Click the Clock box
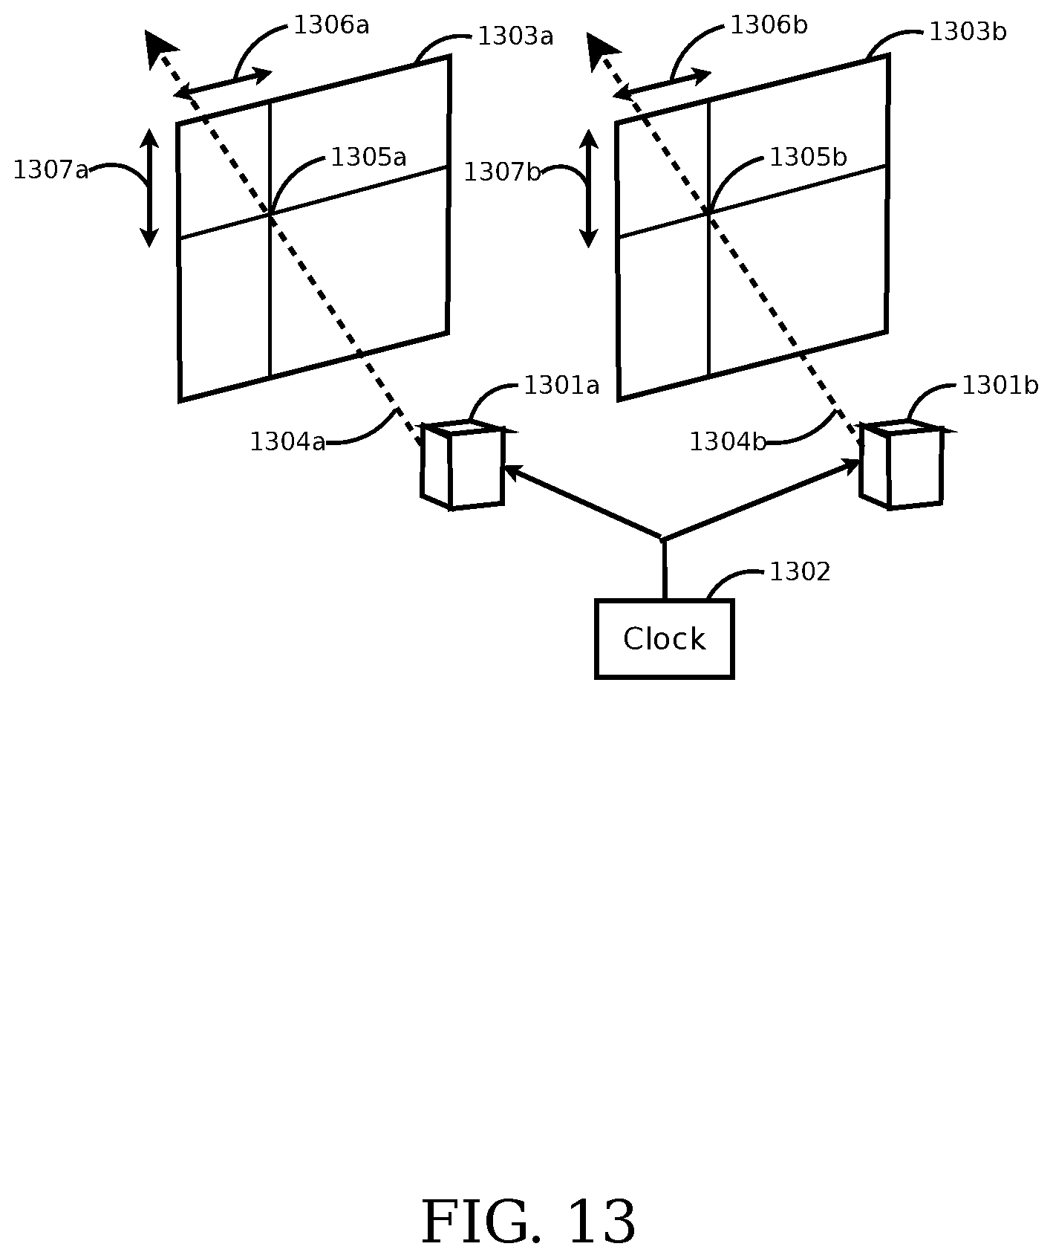click(664, 639)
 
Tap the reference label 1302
click(799, 572)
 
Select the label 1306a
click(331, 25)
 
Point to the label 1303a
click(515, 36)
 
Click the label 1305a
click(368, 158)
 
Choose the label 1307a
click(50, 170)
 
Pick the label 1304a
click(287, 442)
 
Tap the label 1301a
click(561, 386)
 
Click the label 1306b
click(769, 25)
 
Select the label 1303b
click(968, 32)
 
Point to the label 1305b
click(808, 158)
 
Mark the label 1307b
click(502, 172)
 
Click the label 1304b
click(727, 442)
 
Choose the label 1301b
click(1000, 386)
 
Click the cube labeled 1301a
click(463, 466)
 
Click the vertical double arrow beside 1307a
click(150, 187)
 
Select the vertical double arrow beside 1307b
click(589, 187)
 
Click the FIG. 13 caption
click(528, 1222)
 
